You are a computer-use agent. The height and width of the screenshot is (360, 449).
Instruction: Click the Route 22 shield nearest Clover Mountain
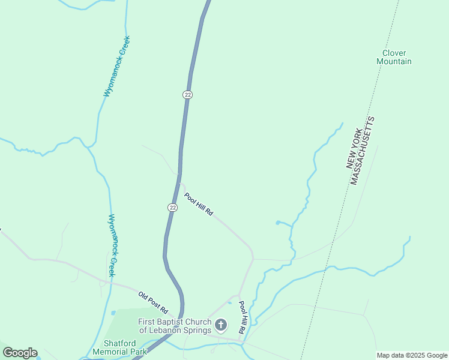click(188, 95)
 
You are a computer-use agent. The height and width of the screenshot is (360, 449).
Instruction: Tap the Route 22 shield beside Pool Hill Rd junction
click(173, 207)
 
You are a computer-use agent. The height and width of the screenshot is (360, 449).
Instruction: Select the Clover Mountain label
click(394, 57)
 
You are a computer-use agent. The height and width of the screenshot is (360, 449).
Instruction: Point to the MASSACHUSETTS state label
click(363, 151)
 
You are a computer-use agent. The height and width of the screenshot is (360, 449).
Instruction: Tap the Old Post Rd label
click(154, 303)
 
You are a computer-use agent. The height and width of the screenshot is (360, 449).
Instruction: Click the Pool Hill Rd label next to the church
click(243, 317)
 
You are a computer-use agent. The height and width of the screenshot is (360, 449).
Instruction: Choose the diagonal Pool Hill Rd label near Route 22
click(199, 204)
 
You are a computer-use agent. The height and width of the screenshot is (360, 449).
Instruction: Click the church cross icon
click(221, 326)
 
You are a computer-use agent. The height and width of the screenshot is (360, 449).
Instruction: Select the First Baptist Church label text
click(175, 326)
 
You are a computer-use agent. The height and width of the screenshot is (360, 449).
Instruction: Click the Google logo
click(20, 353)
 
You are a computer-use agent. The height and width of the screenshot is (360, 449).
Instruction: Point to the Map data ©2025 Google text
click(412, 355)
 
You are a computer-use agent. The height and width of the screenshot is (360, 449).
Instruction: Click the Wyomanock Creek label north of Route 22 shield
click(116, 66)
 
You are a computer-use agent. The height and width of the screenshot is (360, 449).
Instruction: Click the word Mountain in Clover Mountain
click(394, 61)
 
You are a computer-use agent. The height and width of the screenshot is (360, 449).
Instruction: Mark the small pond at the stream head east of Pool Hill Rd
click(278, 223)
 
